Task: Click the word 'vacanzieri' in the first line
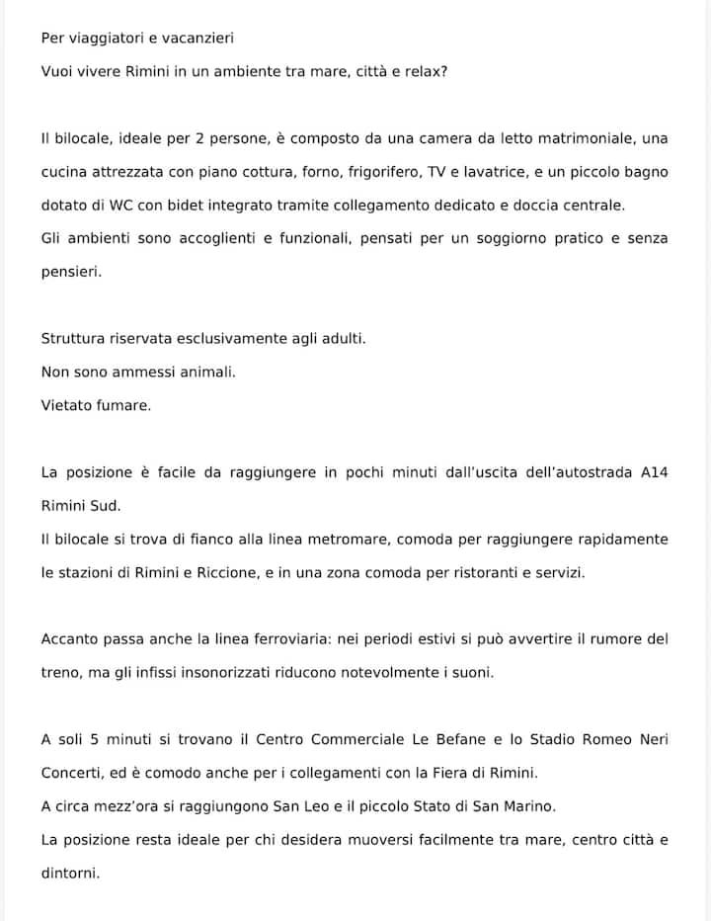(198, 39)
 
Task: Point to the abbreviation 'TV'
(436, 171)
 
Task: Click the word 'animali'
(203, 372)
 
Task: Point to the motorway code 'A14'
(654, 472)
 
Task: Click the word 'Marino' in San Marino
(533, 806)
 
